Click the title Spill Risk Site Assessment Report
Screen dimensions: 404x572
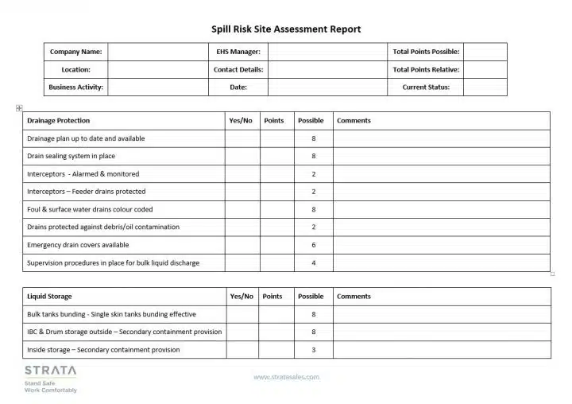click(x=286, y=29)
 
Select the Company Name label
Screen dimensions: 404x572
click(x=75, y=52)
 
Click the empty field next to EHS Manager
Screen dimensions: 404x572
click(x=327, y=52)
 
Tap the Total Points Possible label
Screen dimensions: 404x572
click(x=426, y=52)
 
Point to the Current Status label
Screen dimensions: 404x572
click(x=426, y=87)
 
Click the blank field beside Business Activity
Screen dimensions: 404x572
click(x=157, y=87)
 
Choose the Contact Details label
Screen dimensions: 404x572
click(x=238, y=69)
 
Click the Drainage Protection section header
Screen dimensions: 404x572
click(x=59, y=121)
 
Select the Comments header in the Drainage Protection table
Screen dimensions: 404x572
click(x=354, y=121)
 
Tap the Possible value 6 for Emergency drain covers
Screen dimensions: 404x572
click(x=314, y=245)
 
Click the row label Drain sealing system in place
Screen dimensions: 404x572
click(x=71, y=156)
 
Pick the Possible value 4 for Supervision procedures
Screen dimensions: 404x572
click(x=314, y=262)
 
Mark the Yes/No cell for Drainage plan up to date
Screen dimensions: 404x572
click(x=242, y=138)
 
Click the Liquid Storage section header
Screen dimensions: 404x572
click(x=49, y=297)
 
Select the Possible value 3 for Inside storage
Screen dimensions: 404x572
click(x=314, y=350)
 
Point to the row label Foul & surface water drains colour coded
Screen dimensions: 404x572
click(x=90, y=209)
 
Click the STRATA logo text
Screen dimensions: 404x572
click(x=51, y=371)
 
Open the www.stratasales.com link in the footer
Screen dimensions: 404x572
click(x=286, y=377)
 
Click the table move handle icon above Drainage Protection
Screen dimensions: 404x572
click(x=19, y=108)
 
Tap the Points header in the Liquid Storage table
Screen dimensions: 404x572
click(x=272, y=297)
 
